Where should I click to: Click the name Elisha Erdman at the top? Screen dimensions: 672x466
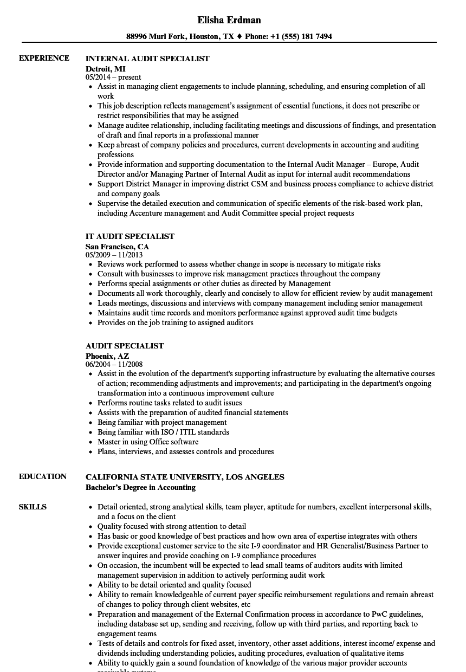click(229, 20)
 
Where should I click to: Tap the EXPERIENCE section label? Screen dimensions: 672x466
click(44, 58)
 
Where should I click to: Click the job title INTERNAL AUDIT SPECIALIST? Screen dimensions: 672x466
click(147, 59)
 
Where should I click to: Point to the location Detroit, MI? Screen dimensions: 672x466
click(106, 68)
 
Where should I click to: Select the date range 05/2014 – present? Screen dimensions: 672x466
click(113, 77)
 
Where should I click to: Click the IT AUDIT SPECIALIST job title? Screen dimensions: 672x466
click(130, 236)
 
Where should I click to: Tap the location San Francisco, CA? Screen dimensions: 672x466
click(117, 246)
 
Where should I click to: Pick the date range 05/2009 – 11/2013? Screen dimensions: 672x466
click(114, 255)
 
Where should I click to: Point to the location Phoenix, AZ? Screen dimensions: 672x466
click(107, 356)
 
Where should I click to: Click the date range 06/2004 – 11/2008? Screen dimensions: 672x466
click(114, 364)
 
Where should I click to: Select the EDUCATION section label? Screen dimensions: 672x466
click(43, 476)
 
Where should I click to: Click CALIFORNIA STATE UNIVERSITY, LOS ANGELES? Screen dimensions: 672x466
click(185, 477)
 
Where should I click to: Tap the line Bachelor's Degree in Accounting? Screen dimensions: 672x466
click(140, 487)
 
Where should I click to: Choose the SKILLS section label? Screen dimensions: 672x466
click(33, 507)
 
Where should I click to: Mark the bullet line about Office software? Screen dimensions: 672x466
click(148, 442)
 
